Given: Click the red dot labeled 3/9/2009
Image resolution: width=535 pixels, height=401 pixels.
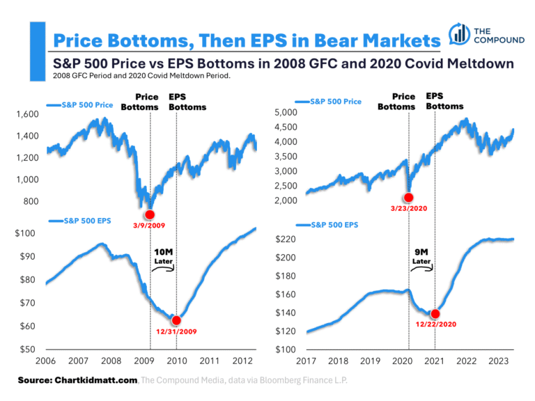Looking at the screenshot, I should tap(150, 214).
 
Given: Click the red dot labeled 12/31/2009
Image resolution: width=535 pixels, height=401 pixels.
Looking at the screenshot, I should tap(176, 320).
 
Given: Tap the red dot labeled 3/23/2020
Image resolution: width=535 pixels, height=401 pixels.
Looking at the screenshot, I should tap(408, 198).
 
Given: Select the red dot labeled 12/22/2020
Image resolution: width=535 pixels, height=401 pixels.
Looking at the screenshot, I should tap(435, 314).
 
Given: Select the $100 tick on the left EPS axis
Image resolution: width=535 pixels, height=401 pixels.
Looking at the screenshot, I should tap(26, 233).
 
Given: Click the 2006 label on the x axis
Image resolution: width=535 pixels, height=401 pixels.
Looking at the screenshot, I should tap(45, 362).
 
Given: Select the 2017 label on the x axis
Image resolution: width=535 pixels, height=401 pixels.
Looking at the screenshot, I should tap(306, 362).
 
